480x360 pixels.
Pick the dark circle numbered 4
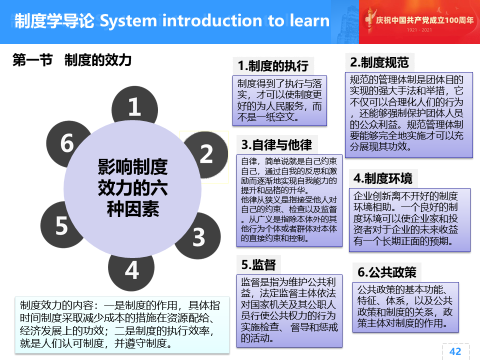(131, 271)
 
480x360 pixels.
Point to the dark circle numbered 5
(58, 225)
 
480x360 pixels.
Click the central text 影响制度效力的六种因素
(132, 188)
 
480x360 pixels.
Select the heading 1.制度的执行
(273, 66)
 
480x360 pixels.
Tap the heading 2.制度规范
(379, 62)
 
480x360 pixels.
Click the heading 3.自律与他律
(276, 145)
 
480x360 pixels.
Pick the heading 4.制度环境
(382, 178)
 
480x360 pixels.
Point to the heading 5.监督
(258, 265)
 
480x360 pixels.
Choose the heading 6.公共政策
(386, 272)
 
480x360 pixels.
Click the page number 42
(455, 351)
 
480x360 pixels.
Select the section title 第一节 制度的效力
(72, 60)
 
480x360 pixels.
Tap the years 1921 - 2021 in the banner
(419, 30)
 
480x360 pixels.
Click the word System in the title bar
(128, 21)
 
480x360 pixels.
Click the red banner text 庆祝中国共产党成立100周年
(424, 20)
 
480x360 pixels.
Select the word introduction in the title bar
(212, 20)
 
